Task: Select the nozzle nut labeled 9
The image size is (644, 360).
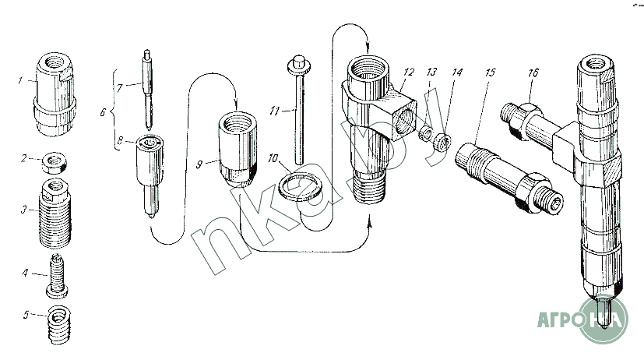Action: pos(235,150)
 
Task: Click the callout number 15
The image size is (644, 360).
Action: pos(490,72)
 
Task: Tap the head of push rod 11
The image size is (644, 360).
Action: pos(298,62)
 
